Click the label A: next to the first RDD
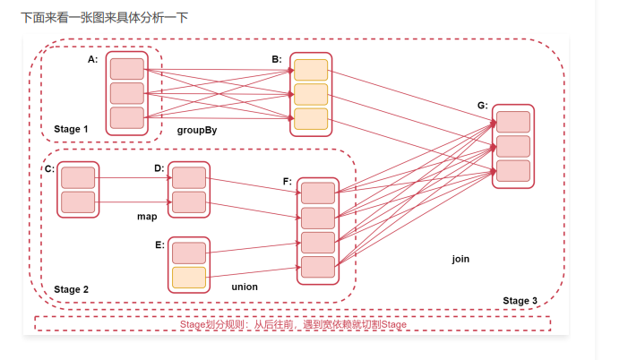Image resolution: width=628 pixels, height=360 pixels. point(93,59)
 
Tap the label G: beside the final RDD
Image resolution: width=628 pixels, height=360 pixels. point(482,105)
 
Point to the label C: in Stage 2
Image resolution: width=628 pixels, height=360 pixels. point(49,168)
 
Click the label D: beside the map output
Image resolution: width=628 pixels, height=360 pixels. point(159,168)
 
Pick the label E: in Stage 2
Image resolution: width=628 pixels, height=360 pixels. point(159,244)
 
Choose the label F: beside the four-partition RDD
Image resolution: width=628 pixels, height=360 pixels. point(288,182)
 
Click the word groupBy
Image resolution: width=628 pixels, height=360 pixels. point(197,130)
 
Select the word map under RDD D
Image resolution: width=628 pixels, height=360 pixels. point(147,217)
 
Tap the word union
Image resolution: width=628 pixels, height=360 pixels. point(245,287)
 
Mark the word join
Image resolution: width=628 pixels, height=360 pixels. point(460,259)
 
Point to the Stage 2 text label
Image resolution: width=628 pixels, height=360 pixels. point(72,289)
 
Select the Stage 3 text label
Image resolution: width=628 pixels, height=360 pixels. point(520,301)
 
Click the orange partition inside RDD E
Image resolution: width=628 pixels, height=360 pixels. point(189,278)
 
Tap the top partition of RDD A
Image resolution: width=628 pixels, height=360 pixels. point(126,69)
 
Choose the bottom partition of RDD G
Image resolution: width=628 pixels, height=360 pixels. point(512,170)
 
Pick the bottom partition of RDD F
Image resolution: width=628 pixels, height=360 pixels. point(318,266)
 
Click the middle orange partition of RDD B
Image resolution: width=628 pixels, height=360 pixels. point(311,94)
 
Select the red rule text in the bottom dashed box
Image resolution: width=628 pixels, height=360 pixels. point(293,324)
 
